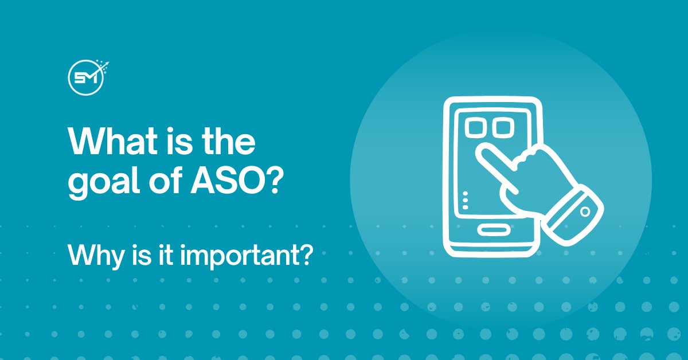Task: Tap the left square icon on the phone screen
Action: [x=476, y=127]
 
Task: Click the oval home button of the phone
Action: [x=490, y=230]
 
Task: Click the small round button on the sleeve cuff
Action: [x=585, y=212]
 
